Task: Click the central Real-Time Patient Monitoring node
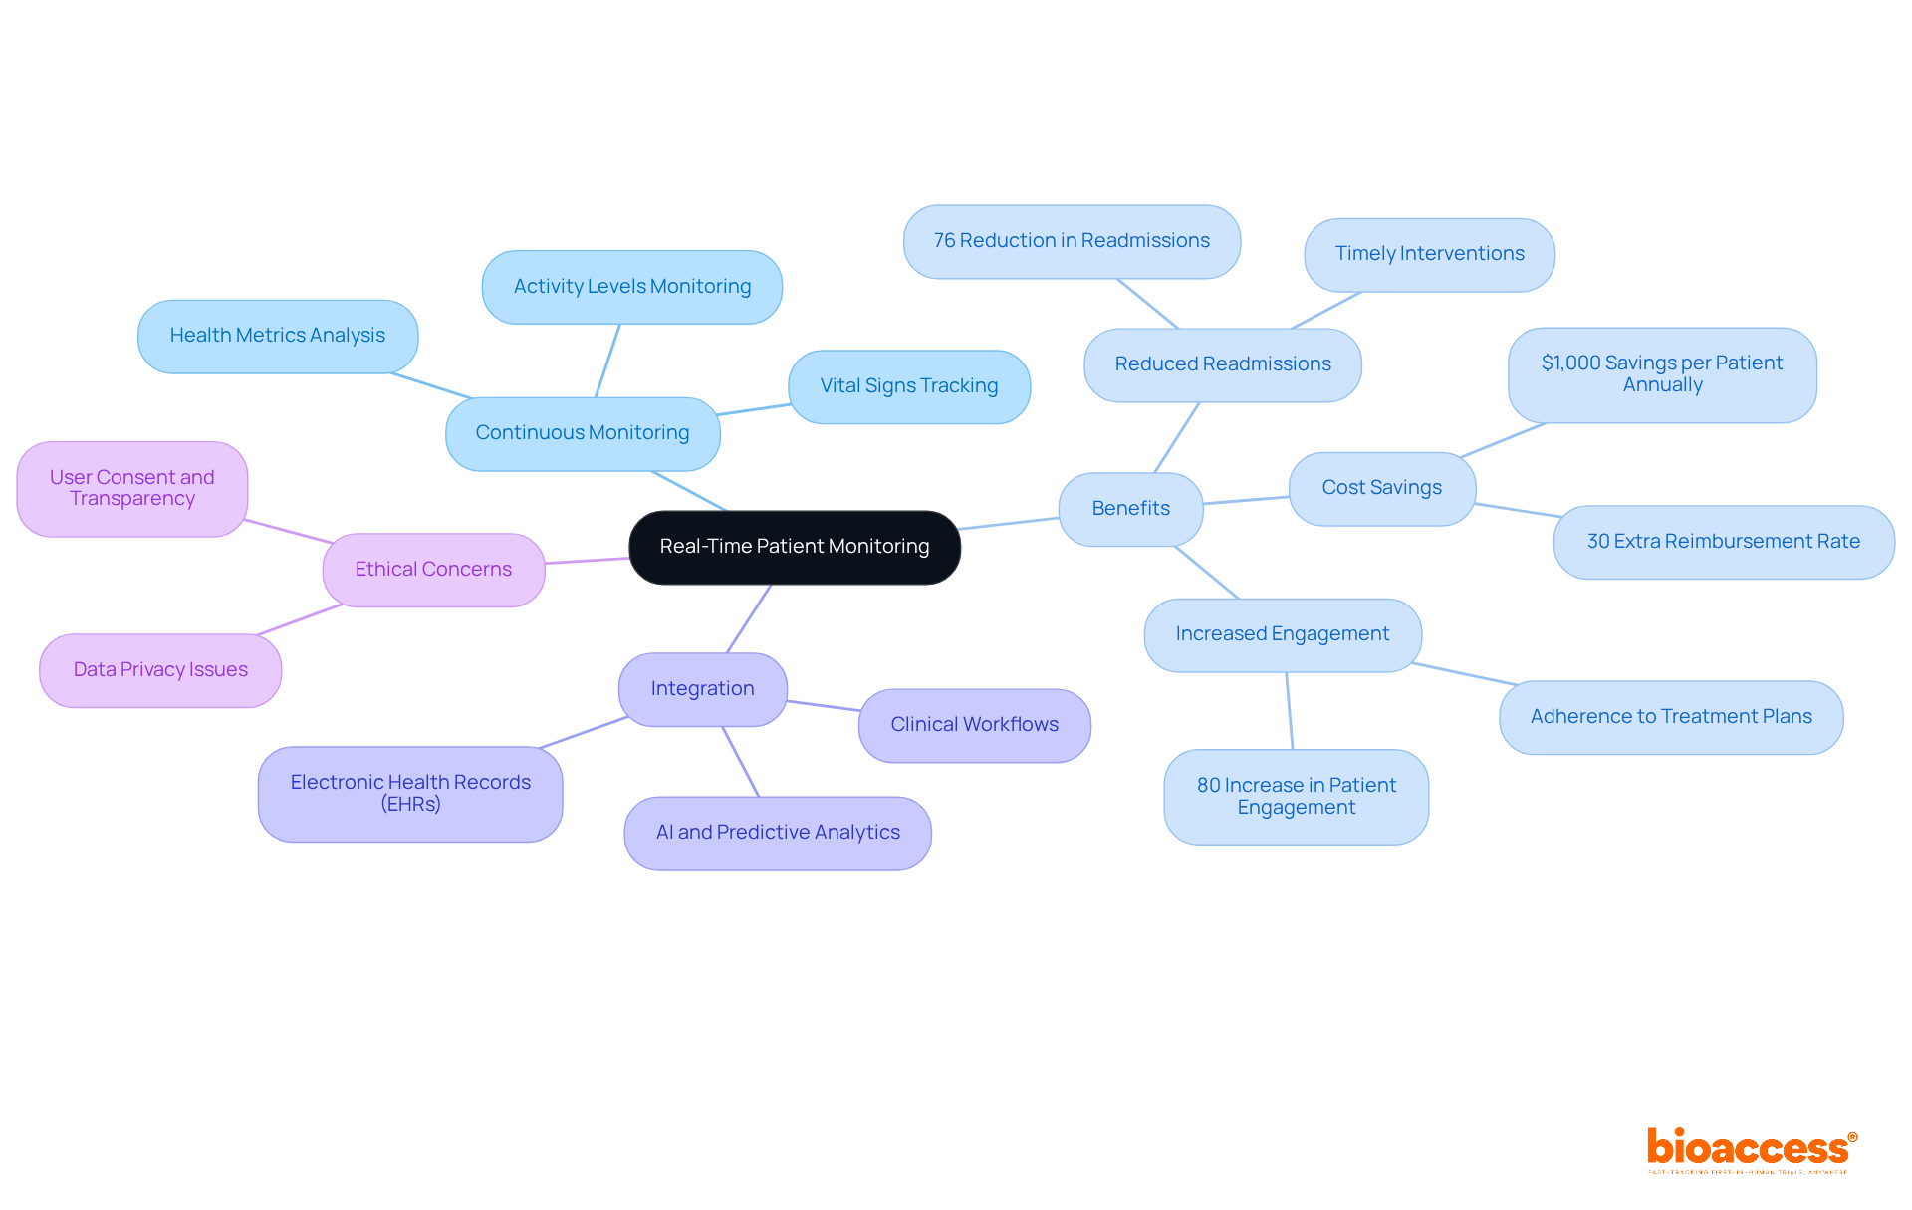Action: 794,547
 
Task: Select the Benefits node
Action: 1130,509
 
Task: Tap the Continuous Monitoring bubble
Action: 583,433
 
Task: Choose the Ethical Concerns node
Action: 433,570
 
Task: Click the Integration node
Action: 702,689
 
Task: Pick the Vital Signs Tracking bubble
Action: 908,386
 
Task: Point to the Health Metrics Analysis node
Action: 277,336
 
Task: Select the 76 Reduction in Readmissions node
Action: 1072,241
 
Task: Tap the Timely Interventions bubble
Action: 1429,254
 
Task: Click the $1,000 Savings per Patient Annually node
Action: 1661,374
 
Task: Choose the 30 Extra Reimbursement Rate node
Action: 1723,542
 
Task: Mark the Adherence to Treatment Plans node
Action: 1670,717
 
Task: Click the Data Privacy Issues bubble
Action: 160,670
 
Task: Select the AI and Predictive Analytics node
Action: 777,833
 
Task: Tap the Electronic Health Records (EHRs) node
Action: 410,794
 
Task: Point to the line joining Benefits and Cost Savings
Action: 1246,500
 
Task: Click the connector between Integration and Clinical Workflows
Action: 823,705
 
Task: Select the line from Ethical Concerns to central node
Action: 587,561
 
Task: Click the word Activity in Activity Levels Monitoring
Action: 547,287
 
